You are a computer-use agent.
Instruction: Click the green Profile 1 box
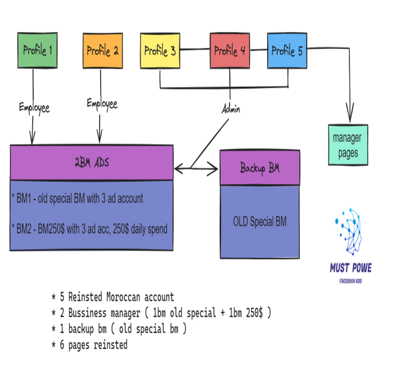click(x=37, y=51)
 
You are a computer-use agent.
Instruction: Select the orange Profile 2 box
click(x=102, y=51)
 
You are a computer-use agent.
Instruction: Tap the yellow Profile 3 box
click(x=160, y=51)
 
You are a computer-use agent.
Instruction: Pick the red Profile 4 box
click(x=230, y=51)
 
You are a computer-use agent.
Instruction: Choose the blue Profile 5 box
click(x=287, y=51)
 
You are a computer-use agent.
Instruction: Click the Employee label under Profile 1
click(x=34, y=107)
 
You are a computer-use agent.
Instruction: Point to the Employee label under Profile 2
click(x=102, y=104)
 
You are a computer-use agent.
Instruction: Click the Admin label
click(x=231, y=109)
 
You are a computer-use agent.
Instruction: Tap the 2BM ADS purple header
click(x=92, y=162)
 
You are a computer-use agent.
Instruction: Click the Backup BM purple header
click(x=259, y=168)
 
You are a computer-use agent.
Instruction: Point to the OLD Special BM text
click(x=259, y=221)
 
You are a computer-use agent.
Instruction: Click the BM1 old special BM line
click(x=78, y=199)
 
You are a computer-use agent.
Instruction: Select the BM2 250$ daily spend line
click(x=89, y=229)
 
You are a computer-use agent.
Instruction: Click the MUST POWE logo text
click(x=350, y=268)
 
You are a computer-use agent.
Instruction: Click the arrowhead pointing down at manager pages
click(x=350, y=116)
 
